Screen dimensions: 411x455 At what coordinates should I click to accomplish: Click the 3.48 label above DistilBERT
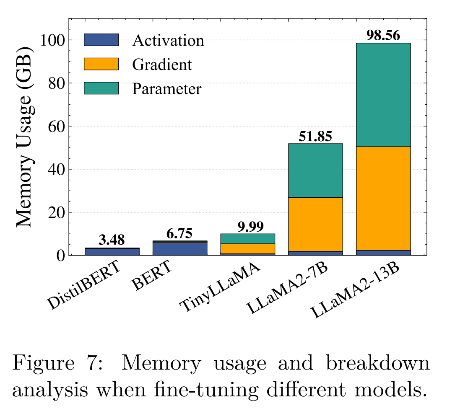112,240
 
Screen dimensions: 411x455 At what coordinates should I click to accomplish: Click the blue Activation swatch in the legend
101,40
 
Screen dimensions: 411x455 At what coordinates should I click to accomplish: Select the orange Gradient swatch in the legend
101,64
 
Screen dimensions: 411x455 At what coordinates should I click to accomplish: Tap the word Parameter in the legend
167,89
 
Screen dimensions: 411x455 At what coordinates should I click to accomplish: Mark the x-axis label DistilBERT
84,286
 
